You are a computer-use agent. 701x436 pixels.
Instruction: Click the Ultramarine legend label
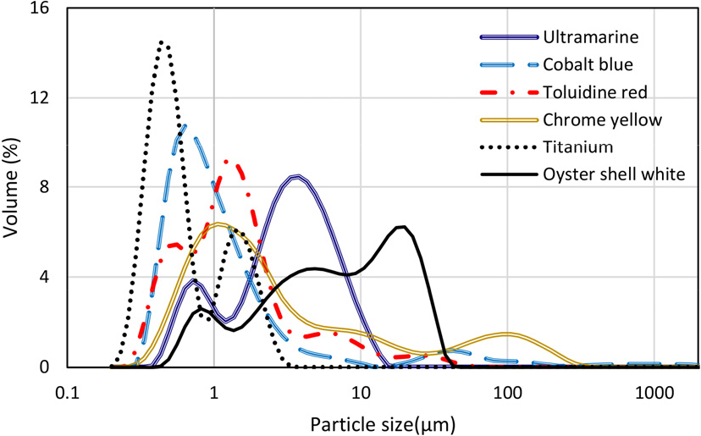pyautogui.click(x=590, y=37)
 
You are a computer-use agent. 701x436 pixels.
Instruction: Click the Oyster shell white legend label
pyautogui.click(x=608, y=174)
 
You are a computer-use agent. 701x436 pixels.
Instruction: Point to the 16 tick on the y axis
pyautogui.click(x=39, y=9)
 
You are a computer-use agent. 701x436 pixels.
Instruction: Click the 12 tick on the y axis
pyautogui.click(x=39, y=98)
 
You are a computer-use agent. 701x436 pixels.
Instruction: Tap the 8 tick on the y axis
pyautogui.click(x=44, y=188)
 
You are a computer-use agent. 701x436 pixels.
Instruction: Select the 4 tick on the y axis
pyautogui.click(x=44, y=278)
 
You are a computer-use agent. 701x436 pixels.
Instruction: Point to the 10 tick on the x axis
pyautogui.click(x=361, y=393)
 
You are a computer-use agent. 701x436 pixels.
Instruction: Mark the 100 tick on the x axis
pyautogui.click(x=507, y=393)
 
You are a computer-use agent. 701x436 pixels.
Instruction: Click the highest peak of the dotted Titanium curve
pyautogui.click(x=163, y=42)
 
